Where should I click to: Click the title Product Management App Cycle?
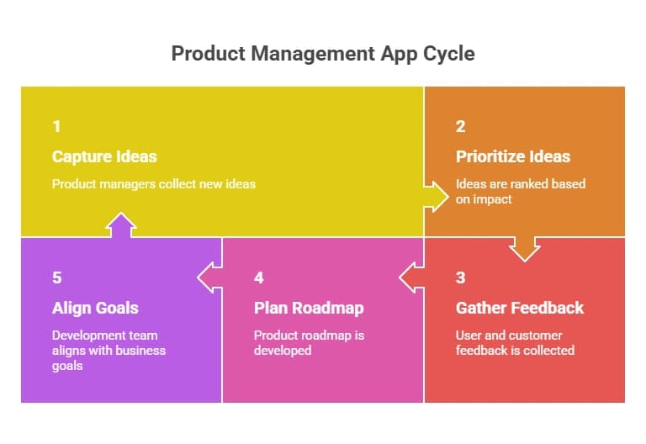[x=323, y=54]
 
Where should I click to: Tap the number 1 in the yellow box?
[x=56, y=127]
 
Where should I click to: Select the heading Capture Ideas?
[x=104, y=156]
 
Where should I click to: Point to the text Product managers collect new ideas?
[x=153, y=183]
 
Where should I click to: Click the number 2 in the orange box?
[x=460, y=127]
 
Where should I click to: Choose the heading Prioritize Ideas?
[x=513, y=156]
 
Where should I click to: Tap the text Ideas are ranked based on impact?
[x=520, y=190]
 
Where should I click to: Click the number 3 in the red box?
[x=460, y=278]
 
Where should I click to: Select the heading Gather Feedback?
[x=519, y=308]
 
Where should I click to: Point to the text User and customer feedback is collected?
[x=515, y=341]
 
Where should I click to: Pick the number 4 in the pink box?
[x=258, y=278]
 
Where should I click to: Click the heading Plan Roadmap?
[x=309, y=308]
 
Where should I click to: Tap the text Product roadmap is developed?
[x=310, y=341]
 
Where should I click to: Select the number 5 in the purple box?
[x=56, y=278]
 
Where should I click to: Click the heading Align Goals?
[x=95, y=308]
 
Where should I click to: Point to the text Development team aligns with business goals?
[x=109, y=350]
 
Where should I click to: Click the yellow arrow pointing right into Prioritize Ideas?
[x=436, y=196]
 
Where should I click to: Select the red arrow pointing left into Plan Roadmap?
[x=411, y=277]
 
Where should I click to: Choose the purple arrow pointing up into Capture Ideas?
[x=121, y=225]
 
